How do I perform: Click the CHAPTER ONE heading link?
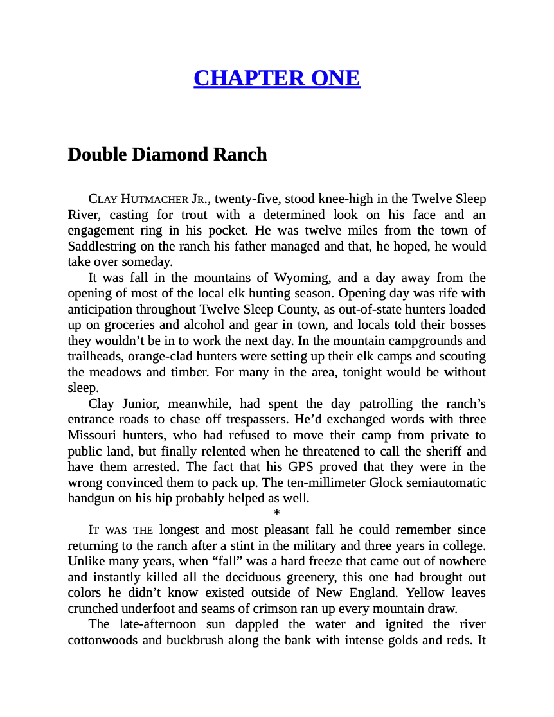[276, 78]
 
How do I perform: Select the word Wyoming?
[301, 278]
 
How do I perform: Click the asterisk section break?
[277, 513]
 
